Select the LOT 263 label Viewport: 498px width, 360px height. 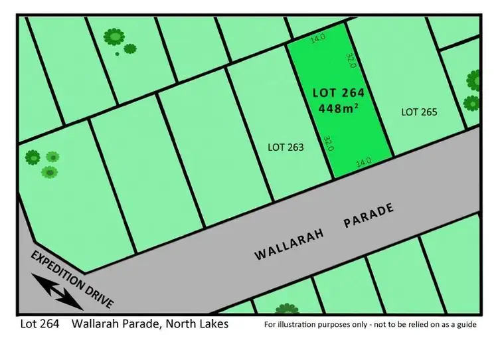point(286,147)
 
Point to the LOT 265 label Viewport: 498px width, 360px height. point(420,112)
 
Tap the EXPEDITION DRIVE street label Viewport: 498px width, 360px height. point(72,280)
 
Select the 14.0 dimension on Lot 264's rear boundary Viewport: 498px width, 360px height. point(318,39)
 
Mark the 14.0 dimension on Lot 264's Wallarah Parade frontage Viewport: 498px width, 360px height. point(363,161)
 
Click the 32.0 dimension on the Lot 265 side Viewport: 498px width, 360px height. point(352,61)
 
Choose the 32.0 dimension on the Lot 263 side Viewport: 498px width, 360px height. point(327,143)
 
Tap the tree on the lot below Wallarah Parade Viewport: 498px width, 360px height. point(287,309)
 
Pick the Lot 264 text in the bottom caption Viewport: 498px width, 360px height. point(40,324)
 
